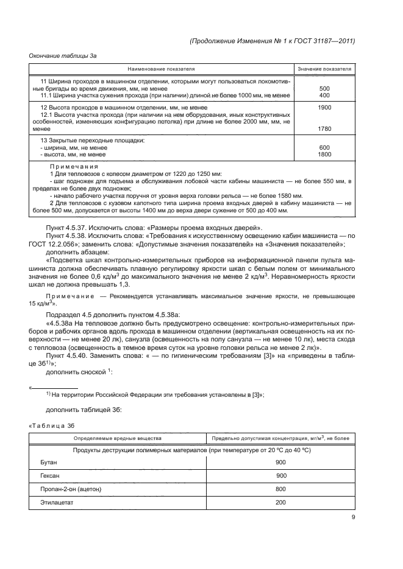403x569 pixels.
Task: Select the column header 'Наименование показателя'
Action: coord(162,69)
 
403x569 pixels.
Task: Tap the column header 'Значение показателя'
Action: coord(324,69)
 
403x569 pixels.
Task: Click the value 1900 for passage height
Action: coord(324,107)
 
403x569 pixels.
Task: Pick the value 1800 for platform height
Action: coord(324,155)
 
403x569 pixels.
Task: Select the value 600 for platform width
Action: coord(324,148)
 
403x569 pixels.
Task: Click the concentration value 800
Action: coord(281,489)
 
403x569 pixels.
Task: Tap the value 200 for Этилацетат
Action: coord(281,503)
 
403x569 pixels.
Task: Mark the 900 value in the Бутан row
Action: coord(281,463)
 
